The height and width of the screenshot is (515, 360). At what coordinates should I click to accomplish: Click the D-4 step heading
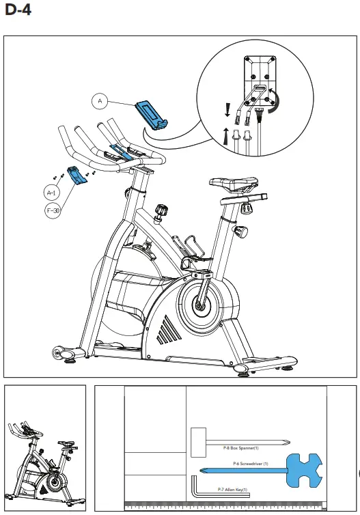point(17,11)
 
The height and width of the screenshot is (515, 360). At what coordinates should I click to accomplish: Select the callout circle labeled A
point(100,102)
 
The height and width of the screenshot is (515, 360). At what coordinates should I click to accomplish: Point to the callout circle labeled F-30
point(53,211)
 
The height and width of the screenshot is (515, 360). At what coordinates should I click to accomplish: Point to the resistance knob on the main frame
point(161,210)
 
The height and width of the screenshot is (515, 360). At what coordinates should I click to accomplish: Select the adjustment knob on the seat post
point(242,232)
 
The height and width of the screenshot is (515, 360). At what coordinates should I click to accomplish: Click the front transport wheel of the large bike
point(59,353)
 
